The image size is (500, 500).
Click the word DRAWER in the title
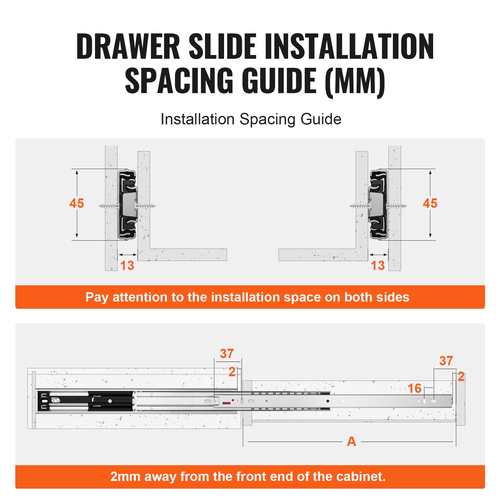point(128,47)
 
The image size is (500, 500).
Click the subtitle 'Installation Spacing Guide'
point(251,119)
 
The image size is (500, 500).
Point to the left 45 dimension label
point(77,203)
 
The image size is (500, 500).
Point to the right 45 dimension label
point(430,203)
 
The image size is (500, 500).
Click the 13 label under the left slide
point(127,266)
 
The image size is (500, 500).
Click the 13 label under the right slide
point(377,266)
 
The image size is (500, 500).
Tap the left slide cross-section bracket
point(127,205)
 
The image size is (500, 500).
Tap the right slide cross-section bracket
point(378,205)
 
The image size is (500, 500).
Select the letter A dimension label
point(351,442)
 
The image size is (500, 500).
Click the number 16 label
point(414,388)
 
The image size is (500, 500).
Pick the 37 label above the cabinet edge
point(227,354)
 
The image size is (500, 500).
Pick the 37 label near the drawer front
point(446,361)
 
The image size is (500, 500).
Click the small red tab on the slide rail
point(226,403)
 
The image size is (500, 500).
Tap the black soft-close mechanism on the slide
point(84,401)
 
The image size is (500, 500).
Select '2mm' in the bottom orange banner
point(125,477)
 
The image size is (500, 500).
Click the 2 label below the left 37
point(232,372)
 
